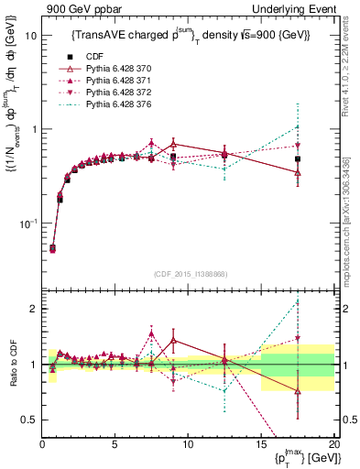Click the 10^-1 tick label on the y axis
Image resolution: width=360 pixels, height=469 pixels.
[x=27, y=224]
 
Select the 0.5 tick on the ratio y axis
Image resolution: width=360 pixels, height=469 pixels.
[x=27, y=420]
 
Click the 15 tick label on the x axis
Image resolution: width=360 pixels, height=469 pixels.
[x=261, y=444]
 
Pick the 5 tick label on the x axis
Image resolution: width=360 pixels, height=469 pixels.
[x=115, y=444]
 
